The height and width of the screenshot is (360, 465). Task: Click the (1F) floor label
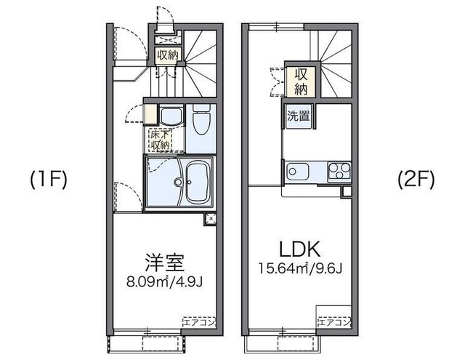tap(48, 180)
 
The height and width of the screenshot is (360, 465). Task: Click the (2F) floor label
tap(415, 180)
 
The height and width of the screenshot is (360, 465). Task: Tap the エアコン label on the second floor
tap(333, 321)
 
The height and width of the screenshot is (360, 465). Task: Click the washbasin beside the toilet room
tap(171, 118)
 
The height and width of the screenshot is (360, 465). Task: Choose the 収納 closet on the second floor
tap(299, 81)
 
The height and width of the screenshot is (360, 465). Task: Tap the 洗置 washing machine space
tap(298, 116)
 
